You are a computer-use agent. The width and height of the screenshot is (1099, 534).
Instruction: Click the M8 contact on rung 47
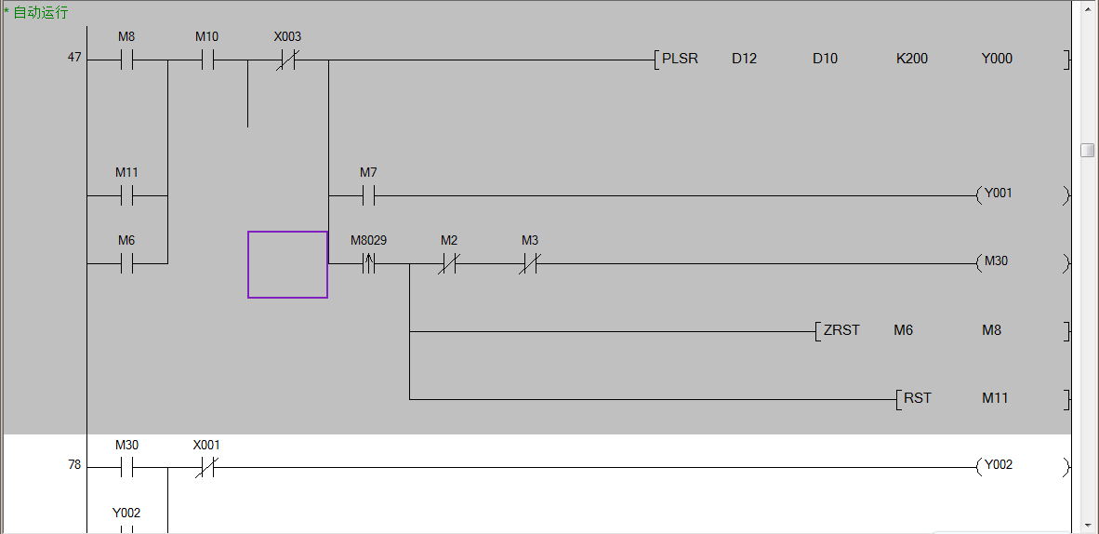126,61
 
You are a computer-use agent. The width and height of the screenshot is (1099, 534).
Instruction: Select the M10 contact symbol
206,61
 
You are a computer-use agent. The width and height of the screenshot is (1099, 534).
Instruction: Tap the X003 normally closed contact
287,61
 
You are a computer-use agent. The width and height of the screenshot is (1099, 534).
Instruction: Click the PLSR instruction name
680,59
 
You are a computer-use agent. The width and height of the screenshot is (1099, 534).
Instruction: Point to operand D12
744,59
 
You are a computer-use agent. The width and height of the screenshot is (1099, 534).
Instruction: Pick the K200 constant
912,59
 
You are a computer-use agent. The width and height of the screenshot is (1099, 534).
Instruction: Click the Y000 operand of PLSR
997,59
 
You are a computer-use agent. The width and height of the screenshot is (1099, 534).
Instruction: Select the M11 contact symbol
126,196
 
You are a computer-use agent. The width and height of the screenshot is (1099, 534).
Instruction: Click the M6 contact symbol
126,263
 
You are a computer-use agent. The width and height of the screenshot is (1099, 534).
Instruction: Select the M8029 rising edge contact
368,263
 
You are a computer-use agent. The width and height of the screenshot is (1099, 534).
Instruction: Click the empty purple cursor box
287,264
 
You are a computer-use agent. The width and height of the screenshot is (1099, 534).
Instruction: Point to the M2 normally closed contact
449,263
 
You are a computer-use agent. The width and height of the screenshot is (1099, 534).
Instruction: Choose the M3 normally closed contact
530,263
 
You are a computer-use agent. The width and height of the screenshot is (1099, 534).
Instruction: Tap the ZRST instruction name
841,330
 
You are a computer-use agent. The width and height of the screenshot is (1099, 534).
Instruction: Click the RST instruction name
918,398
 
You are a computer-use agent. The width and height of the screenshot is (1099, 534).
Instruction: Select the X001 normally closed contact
206,468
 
